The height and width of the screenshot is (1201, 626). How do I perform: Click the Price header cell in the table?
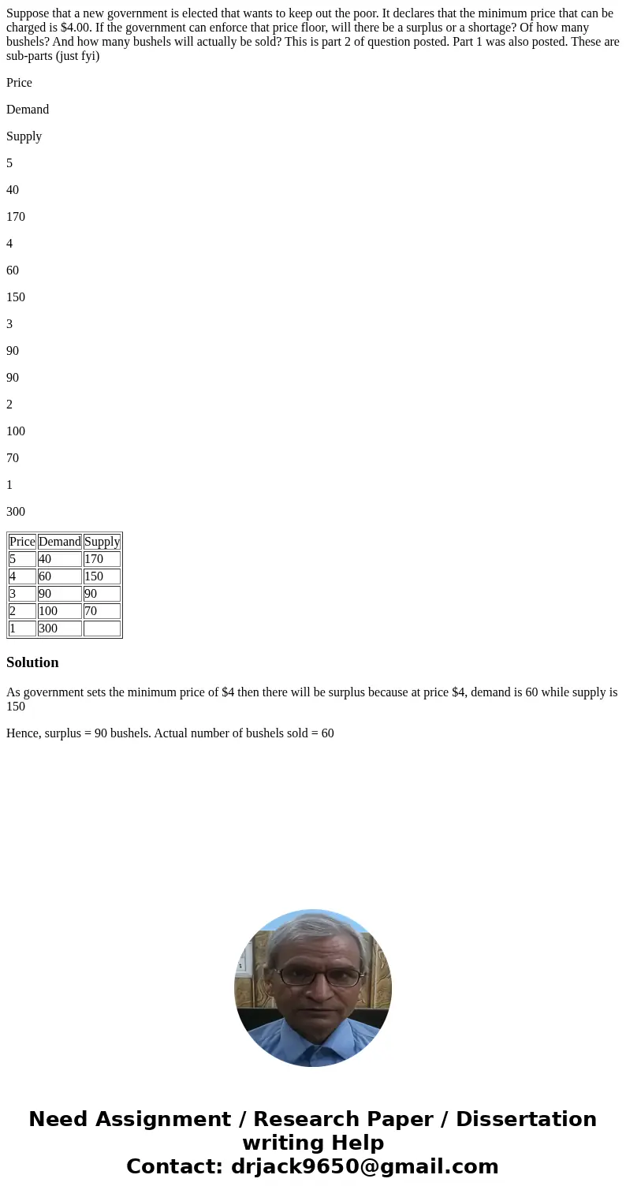point(22,542)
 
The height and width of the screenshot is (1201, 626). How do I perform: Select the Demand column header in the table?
point(60,542)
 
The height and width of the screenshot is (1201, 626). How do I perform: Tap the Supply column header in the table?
point(102,542)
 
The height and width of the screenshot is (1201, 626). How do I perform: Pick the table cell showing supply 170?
point(102,559)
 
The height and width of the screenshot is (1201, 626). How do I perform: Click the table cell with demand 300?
point(60,628)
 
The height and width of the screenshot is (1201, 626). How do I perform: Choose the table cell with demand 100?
point(60,611)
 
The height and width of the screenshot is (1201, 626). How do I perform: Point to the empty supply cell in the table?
point(102,628)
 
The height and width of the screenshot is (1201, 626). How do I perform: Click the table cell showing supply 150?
point(102,576)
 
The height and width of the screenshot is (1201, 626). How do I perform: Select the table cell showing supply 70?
point(102,611)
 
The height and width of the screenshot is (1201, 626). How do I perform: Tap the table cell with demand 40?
point(60,559)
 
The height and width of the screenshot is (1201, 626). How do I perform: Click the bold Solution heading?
point(32,662)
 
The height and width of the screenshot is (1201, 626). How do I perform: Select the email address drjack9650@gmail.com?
point(364,1166)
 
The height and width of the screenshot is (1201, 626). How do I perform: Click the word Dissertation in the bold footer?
point(526,1119)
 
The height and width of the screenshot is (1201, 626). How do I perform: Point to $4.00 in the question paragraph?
point(73,27)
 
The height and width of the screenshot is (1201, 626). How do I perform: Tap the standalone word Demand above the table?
point(28,110)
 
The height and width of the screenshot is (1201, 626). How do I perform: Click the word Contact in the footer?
point(174,1166)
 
